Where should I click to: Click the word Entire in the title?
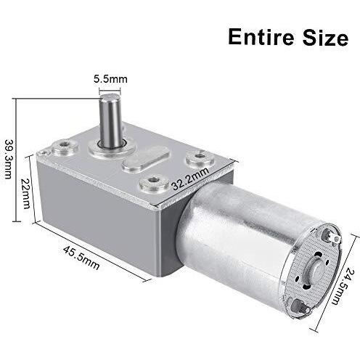pyautogui.click(x=262, y=37)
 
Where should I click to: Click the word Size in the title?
pyautogui.click(x=326, y=37)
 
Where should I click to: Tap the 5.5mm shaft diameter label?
pyautogui.click(x=110, y=79)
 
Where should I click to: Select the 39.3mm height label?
pyautogui.click(x=9, y=159)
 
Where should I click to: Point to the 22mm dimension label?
pyautogui.click(x=25, y=194)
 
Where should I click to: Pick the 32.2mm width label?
pyautogui.click(x=190, y=179)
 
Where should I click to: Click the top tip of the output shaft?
pyautogui.click(x=110, y=95)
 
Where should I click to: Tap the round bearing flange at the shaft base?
pyautogui.click(x=111, y=148)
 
